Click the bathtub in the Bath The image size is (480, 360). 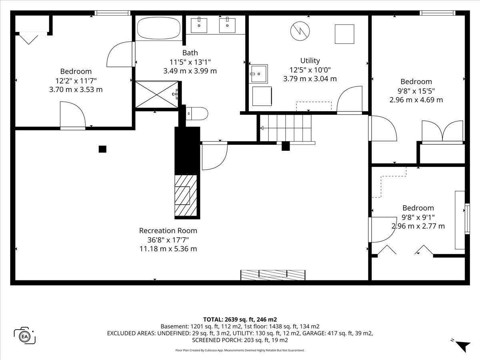(158, 28)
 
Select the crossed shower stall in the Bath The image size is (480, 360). (156, 94)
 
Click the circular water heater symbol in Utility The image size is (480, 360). (300, 31)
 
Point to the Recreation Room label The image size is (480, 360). (168, 231)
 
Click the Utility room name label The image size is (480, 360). (310, 60)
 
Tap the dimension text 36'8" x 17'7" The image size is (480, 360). (168, 240)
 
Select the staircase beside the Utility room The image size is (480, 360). (285, 128)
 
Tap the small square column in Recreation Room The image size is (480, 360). (102, 149)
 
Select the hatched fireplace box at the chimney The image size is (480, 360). (186, 196)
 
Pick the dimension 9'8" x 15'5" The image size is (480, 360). (416, 91)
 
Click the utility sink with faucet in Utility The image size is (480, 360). (258, 74)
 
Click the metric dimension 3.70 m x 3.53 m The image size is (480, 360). (76, 89)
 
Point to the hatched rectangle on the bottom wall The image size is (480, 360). (273, 275)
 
